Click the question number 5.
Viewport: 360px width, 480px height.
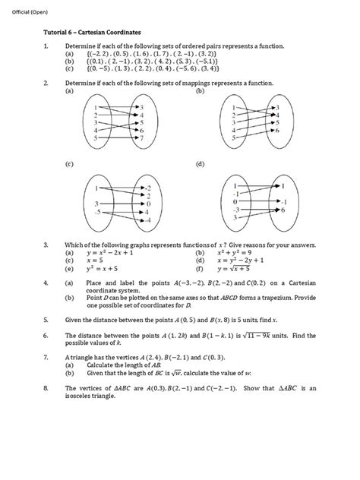point(46,321)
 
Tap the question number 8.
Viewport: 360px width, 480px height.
point(46,388)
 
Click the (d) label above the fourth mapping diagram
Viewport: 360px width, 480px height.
point(200,164)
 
